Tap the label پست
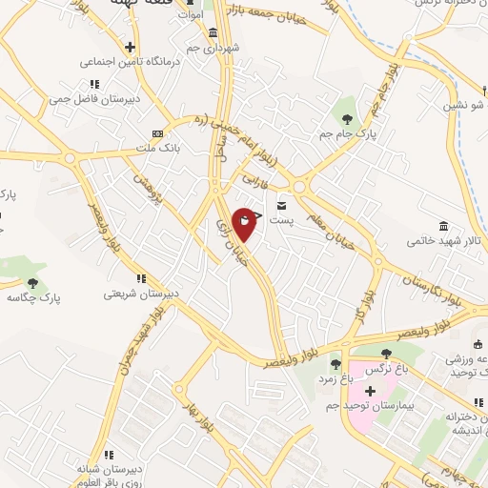(x=280, y=218)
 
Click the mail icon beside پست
(x=281, y=204)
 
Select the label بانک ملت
(x=157, y=148)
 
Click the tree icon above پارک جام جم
(x=346, y=118)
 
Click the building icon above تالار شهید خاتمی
(x=444, y=225)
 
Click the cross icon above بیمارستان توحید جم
(x=370, y=392)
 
